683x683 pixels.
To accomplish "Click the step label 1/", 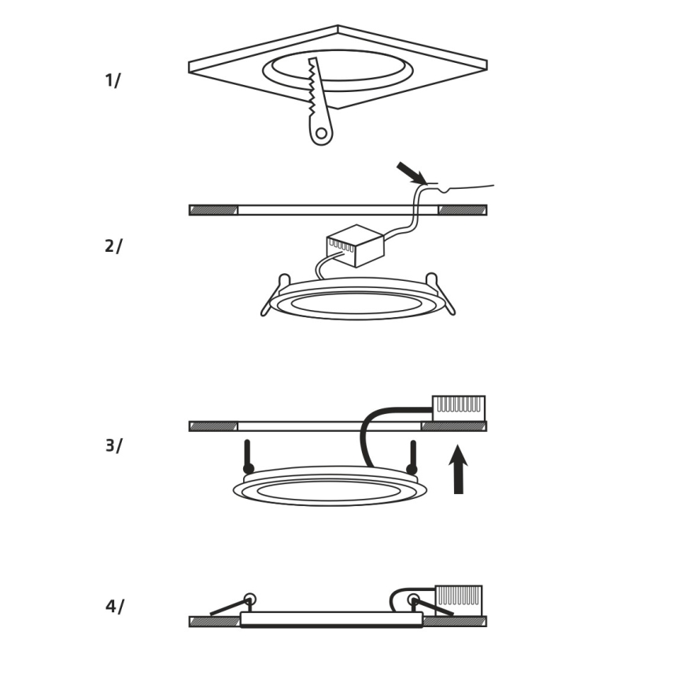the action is (113, 80).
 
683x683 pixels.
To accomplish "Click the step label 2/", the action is (113, 246).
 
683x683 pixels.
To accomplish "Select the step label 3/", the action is (113, 445).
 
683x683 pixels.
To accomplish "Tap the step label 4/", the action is (115, 607).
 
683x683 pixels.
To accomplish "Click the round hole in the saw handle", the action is (321, 133).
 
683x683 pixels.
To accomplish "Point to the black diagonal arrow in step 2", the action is (412, 173).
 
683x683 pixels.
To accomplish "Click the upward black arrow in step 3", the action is (458, 469).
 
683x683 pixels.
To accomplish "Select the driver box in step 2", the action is (356, 246).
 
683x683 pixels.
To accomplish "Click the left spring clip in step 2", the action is (275, 294).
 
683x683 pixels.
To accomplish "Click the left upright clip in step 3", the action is (249, 457).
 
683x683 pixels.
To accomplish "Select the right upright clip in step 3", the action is (412, 457).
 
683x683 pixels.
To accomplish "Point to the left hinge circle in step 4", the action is (249, 600).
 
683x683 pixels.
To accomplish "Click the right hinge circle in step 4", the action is (413, 600).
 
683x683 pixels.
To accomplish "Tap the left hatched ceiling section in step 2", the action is (213, 210).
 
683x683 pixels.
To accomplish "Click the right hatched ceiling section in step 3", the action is (454, 426).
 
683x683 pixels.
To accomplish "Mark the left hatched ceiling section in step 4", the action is (215, 622).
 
